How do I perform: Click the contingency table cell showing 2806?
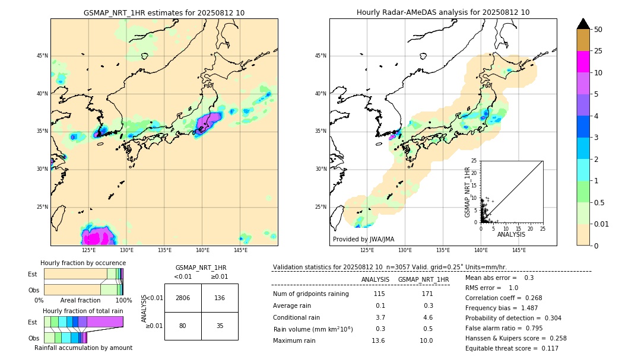pos(183,298)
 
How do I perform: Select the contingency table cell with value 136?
pos(220,298)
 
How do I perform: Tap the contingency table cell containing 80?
pos(183,326)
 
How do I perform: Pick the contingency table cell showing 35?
pos(220,326)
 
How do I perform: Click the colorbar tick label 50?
pos(598,30)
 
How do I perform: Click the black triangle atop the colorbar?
pos(583,24)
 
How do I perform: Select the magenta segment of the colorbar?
pos(583,62)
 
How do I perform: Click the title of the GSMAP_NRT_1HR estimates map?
pos(164,12)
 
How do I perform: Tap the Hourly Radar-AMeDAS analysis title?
pos(443,12)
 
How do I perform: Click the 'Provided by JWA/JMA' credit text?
pos(363,239)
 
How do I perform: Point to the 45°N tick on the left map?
pos(42,56)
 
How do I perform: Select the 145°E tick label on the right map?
pos(519,250)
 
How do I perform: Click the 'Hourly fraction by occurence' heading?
pos(83,263)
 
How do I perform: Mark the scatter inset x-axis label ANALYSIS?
pos(511,234)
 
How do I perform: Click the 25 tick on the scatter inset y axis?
pos(474,161)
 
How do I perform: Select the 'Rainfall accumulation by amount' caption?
pos(83,348)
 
